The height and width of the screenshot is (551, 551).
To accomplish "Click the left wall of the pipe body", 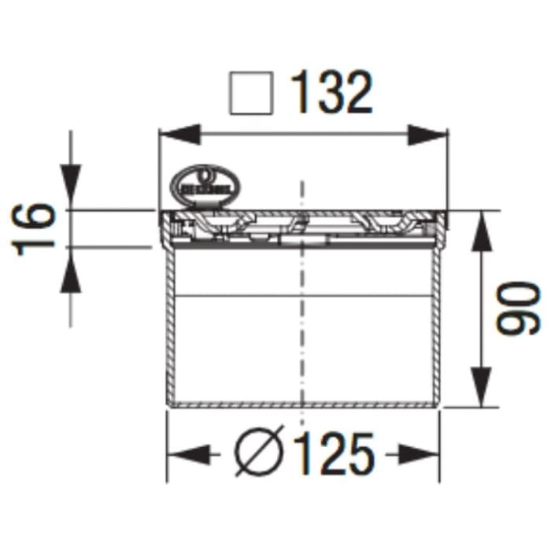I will [x=168, y=331].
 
